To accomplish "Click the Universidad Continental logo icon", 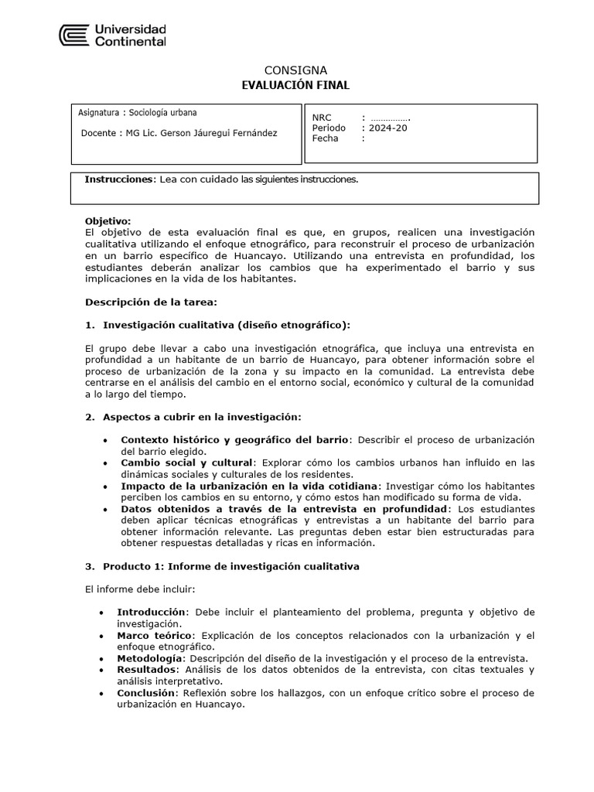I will (74, 36).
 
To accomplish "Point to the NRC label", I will (322, 118).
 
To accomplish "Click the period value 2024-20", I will (387, 128).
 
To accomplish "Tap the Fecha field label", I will (326, 138).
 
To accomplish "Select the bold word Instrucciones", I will (120, 179).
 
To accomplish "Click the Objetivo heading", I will (108, 221).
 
